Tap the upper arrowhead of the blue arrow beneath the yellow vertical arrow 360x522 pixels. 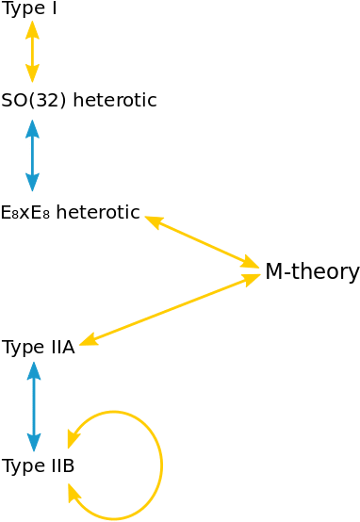tap(32, 125)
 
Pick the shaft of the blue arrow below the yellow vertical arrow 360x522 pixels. tap(32, 155)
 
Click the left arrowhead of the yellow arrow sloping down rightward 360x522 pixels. tap(151, 220)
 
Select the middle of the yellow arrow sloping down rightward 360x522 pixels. tap(202, 242)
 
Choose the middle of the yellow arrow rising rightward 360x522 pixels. tap(170, 310)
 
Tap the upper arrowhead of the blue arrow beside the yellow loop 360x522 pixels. tap(35, 373)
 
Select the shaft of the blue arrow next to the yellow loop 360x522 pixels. tap(35, 409)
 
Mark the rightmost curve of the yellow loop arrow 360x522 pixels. tap(162, 465)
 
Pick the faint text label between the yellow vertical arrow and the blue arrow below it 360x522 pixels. tap(80, 100)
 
